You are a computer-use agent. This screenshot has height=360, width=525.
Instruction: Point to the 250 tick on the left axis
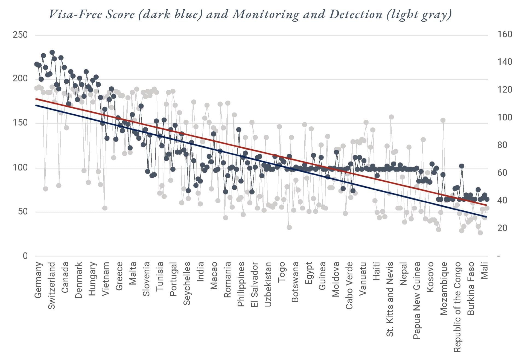point(20,35)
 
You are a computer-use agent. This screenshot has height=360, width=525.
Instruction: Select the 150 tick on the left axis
point(20,123)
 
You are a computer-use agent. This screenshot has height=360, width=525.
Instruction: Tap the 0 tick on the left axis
point(25,256)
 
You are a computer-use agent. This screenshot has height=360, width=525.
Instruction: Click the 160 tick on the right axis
point(504,34)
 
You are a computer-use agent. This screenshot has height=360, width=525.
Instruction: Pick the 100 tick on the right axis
point(504,117)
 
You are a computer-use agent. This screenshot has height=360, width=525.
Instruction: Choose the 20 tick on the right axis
point(502,228)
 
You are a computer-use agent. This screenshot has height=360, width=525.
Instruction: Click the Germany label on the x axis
point(38,280)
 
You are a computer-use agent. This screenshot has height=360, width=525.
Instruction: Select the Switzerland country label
point(52,286)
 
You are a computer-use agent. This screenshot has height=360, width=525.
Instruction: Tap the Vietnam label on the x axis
point(106,278)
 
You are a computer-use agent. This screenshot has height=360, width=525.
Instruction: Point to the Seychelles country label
point(187,283)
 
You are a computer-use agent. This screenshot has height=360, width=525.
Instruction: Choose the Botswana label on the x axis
point(295,282)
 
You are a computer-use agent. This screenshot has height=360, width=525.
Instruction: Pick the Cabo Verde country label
point(349,286)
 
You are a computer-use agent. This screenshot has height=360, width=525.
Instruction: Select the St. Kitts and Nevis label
point(390,299)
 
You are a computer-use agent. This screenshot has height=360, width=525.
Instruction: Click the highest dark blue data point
point(52,52)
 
